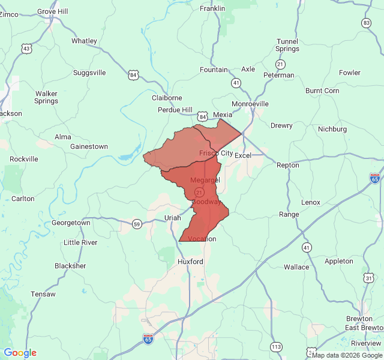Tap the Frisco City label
[216, 154]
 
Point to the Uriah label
[172, 218]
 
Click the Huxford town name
[190, 262]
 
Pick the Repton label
[287, 164]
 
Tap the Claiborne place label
[167, 98]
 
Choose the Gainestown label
[89, 146]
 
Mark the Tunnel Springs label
[287, 45]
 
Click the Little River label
[80, 242]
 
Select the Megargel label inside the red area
[205, 180]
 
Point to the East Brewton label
[364, 328]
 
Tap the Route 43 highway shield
[26, 48]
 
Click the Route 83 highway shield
[366, 23]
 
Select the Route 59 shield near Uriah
[137, 224]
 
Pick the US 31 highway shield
[368, 277]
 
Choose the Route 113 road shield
[276, 347]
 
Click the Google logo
[20, 353]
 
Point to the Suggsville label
[89, 73]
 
